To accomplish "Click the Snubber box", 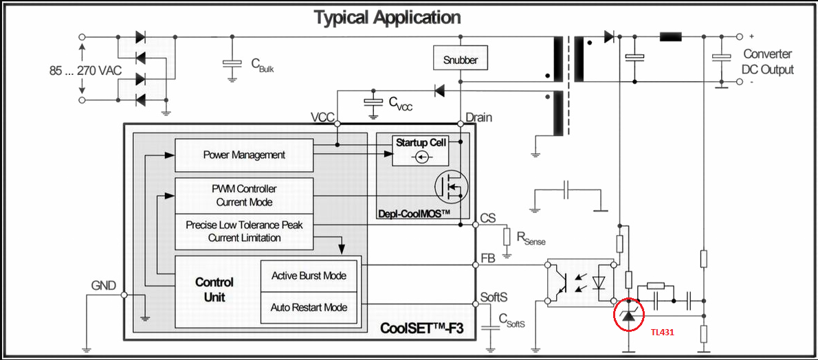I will point(460,59).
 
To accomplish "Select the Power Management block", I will point(244,155).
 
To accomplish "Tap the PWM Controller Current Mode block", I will point(244,196).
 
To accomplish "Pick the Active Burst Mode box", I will point(309,275).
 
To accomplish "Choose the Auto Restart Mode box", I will point(309,307).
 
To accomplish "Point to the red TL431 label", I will point(663,332).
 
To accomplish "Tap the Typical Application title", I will point(388,17).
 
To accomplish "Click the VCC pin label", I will point(322,117).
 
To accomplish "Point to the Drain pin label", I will point(479,117).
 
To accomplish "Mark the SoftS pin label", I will point(494,297).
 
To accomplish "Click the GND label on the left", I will point(104,285).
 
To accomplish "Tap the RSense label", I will point(531,239).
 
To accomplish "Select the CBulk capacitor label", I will point(263,65).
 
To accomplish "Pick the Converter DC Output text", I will point(767,62).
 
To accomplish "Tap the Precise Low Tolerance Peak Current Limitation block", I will point(244,232).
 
